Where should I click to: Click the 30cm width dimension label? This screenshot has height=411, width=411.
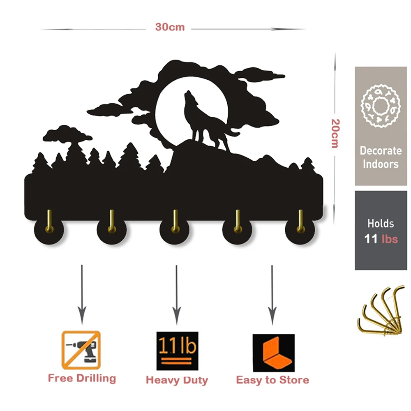tap(170, 28)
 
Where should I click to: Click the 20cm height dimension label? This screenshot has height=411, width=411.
tap(335, 134)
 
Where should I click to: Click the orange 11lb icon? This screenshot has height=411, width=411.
tap(177, 351)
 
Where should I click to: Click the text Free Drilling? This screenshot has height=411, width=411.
tap(82, 378)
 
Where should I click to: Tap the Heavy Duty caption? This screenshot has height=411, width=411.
tap(177, 380)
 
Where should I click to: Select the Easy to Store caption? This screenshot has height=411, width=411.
tap(272, 380)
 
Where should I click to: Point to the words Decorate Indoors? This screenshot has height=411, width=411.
tap(380, 157)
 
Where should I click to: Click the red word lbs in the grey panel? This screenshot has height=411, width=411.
tap(389, 239)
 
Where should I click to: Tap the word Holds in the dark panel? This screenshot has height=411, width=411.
tap(381, 224)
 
